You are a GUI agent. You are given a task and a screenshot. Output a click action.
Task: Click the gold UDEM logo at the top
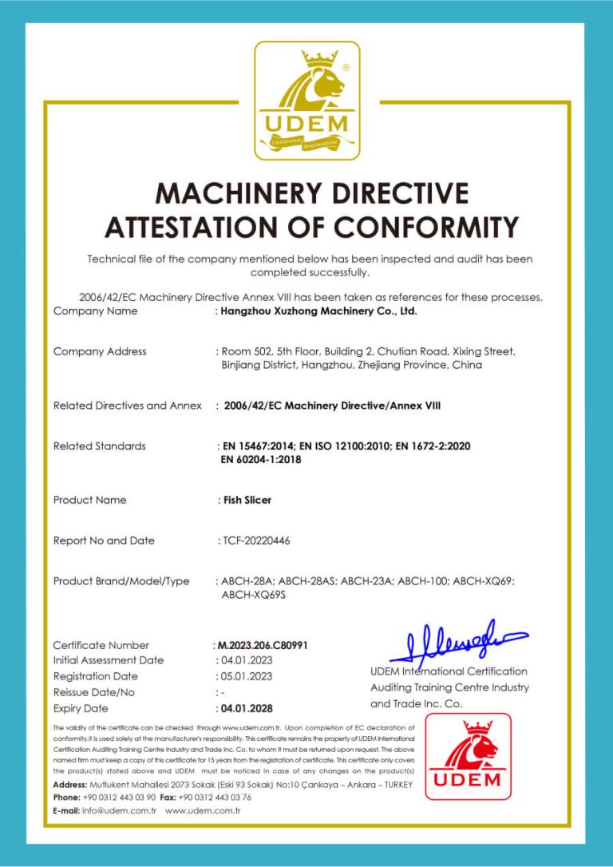tap(306, 100)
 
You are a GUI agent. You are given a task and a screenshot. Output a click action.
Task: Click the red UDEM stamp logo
tap(468, 756)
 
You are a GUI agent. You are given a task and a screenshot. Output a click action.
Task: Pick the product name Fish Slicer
tap(247, 501)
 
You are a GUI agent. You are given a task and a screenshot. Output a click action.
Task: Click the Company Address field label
tap(100, 351)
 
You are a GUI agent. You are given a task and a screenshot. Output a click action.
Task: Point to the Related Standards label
tap(99, 446)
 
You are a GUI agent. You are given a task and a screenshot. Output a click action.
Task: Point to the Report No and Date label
tap(104, 540)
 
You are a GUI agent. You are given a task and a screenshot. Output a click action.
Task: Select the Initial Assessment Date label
tap(108, 660)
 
